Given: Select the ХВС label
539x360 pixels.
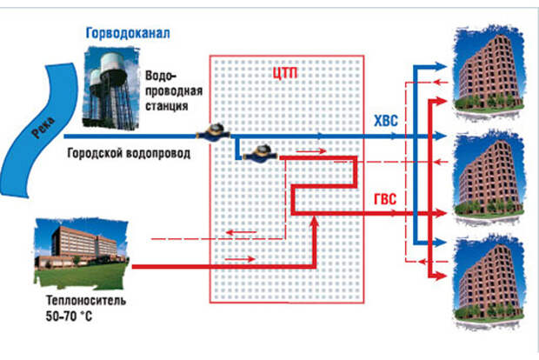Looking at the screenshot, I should coord(385,122).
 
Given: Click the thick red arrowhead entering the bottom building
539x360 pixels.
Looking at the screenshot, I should coord(449,277).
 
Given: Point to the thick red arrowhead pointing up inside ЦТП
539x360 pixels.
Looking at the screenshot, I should coord(316,225).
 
